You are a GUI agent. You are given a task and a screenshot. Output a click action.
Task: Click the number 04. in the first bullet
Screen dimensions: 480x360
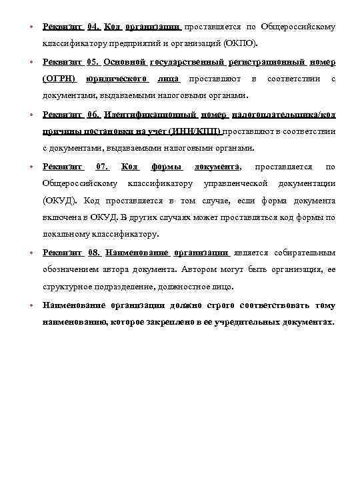(93, 27)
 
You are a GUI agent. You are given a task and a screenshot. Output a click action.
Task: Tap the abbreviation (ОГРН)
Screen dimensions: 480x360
(59, 79)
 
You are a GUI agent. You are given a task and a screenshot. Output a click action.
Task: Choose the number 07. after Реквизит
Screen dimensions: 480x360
(103, 166)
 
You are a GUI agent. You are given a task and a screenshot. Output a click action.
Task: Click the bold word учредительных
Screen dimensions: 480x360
(245, 322)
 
